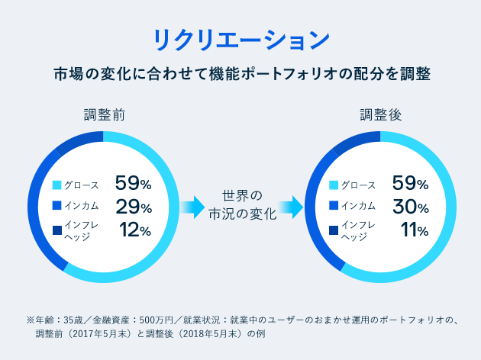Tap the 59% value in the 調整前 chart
[134, 183]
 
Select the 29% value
[134, 206]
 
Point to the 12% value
[135, 230]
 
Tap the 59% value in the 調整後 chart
[410, 183]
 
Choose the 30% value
[410, 206]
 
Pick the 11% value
[412, 230]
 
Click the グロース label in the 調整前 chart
[82, 185]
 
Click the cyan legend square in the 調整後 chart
[333, 185]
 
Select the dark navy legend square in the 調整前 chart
[56, 230]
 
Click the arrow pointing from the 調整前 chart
[193, 205]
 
